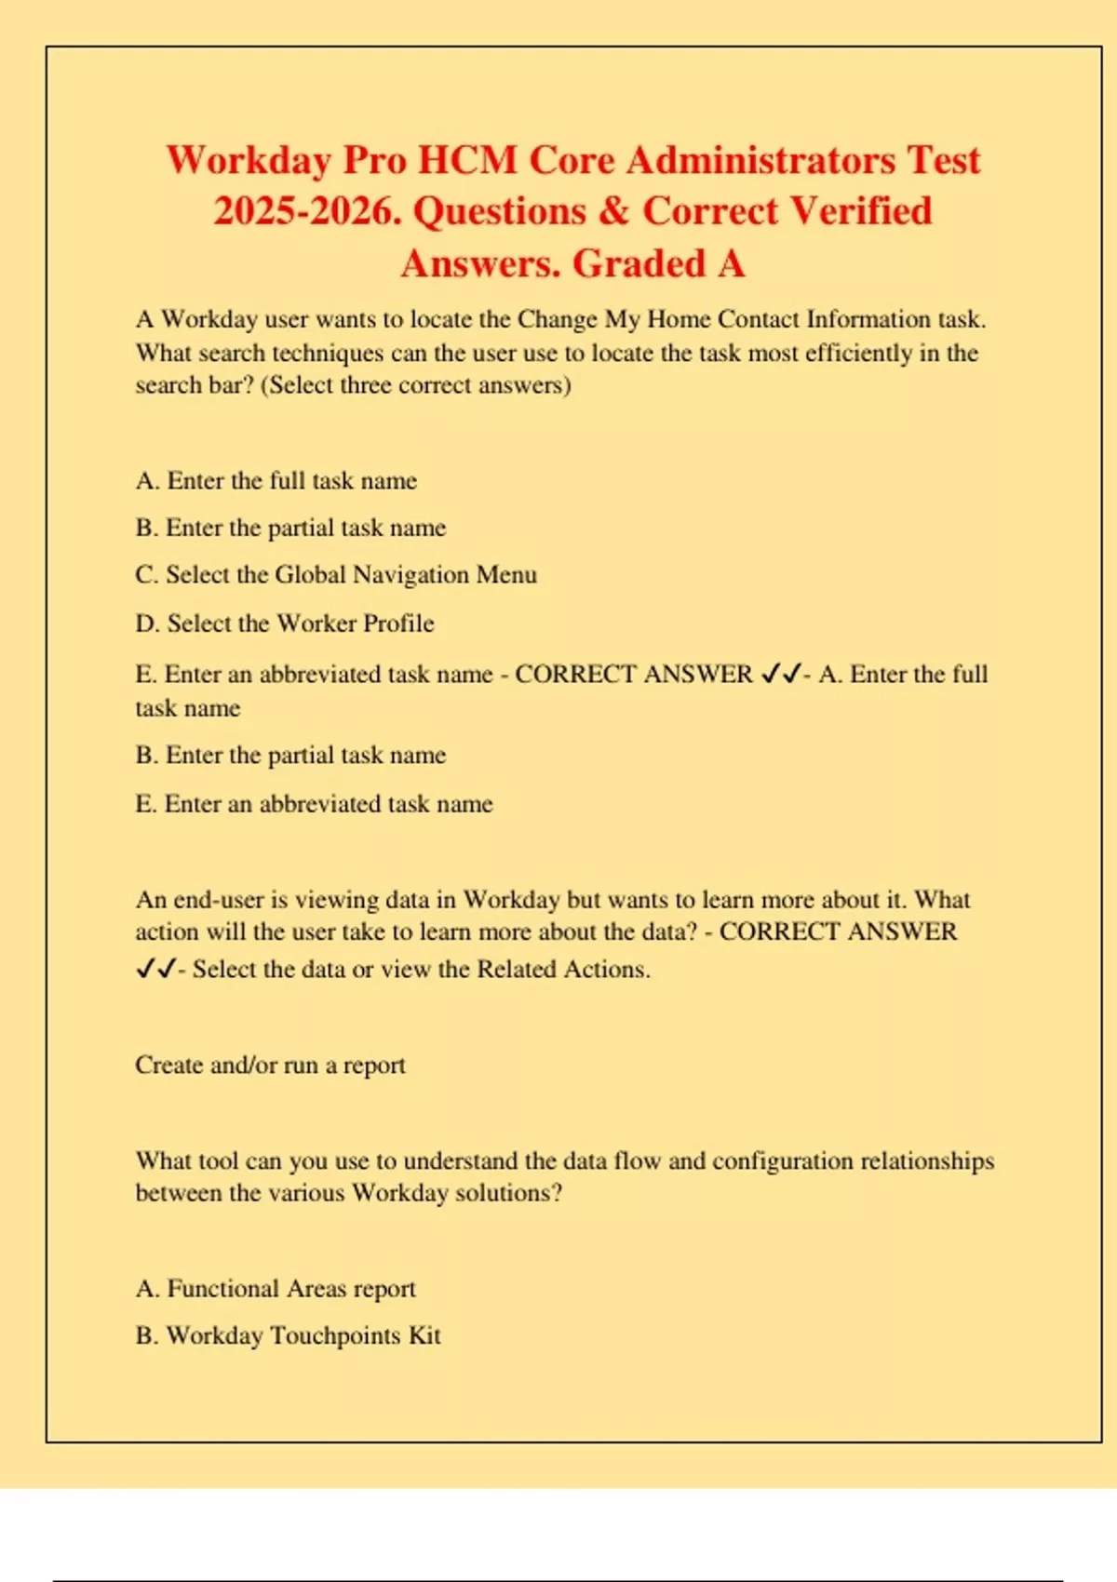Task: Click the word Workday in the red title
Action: pos(249,161)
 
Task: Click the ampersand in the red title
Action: pos(614,212)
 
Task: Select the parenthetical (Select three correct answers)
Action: pos(415,385)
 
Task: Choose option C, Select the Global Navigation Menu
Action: pos(336,575)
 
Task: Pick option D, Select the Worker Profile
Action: pos(285,623)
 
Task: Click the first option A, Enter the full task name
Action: pos(276,481)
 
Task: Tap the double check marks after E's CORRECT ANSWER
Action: pos(780,675)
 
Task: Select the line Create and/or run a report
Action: pos(270,1065)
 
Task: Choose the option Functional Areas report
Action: pos(276,1289)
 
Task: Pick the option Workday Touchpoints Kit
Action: pos(289,1336)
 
